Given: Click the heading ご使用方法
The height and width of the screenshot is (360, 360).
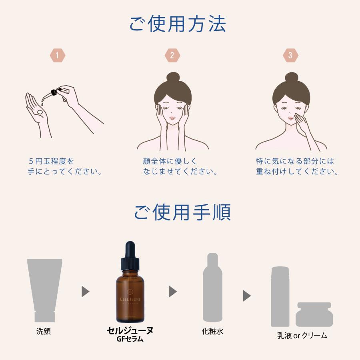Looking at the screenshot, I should click(x=178, y=24).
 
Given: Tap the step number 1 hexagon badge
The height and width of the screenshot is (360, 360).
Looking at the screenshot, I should click(x=57, y=56).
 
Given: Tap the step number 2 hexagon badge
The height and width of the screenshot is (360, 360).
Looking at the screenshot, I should click(x=172, y=56).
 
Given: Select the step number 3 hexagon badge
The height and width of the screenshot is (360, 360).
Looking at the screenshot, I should click(x=290, y=56).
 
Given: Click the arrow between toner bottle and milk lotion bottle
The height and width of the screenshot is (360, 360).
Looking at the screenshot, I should click(x=247, y=296).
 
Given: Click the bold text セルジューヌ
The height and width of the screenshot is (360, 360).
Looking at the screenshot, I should click(x=130, y=330).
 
